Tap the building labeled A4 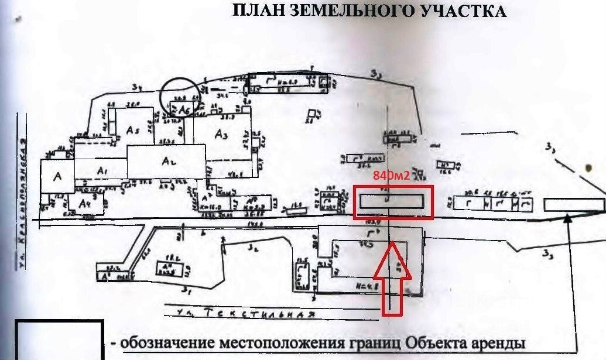(x=85, y=204)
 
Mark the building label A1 (x=103, y=170)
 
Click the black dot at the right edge (x=587, y=168)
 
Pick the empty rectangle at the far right (x=573, y=205)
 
